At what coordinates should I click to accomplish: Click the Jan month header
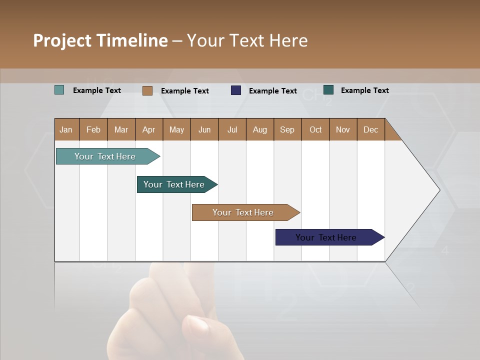coord(66,129)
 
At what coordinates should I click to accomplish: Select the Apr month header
coord(148,129)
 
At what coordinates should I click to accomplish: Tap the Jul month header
coord(232,129)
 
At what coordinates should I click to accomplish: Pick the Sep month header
coord(287,129)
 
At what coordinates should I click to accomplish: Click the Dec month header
coord(370,129)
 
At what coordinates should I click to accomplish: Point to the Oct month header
coord(315,129)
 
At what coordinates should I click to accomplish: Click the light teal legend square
coord(59,90)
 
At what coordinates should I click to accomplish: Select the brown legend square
coord(147,90)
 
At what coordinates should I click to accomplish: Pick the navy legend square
coord(236,90)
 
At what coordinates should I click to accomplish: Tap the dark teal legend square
coord(328,90)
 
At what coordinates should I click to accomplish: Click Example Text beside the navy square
coord(272,90)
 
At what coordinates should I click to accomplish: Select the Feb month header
coord(93,129)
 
